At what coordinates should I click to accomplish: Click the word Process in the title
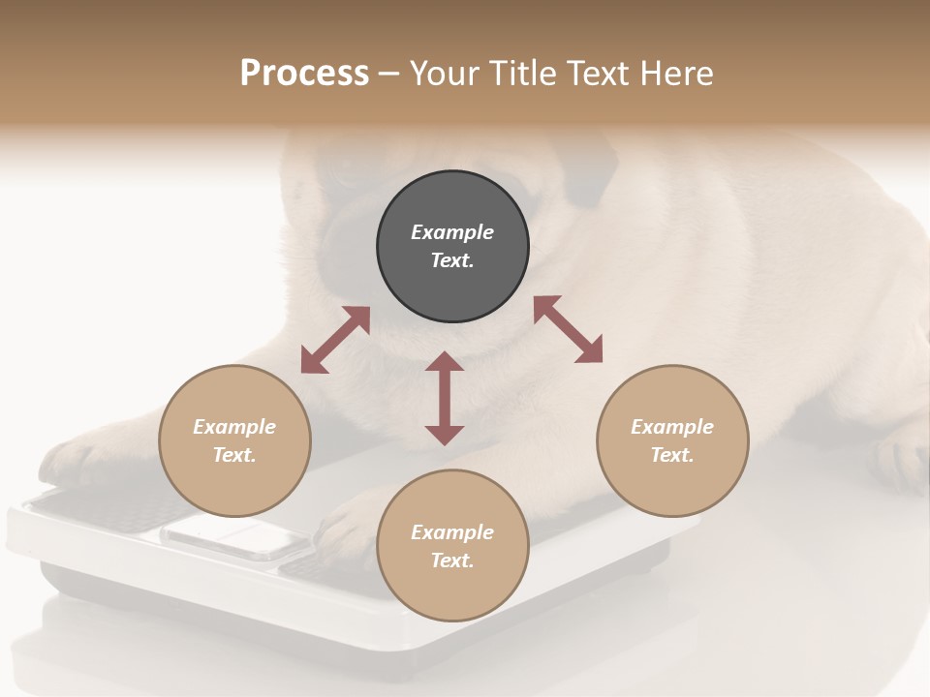pyautogui.click(x=304, y=74)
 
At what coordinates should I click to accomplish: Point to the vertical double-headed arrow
pyautogui.click(x=445, y=399)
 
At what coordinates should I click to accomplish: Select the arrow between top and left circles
pyautogui.click(x=335, y=340)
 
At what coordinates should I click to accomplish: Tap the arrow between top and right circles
pyautogui.click(x=568, y=329)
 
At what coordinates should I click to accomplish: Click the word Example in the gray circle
pyautogui.click(x=452, y=232)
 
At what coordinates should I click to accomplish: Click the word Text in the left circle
pyautogui.click(x=234, y=455)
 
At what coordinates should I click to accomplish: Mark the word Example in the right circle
pyautogui.click(x=672, y=427)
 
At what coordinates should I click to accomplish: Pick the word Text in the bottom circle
pyautogui.click(x=452, y=561)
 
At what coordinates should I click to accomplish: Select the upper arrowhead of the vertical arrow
pyautogui.click(x=445, y=363)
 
